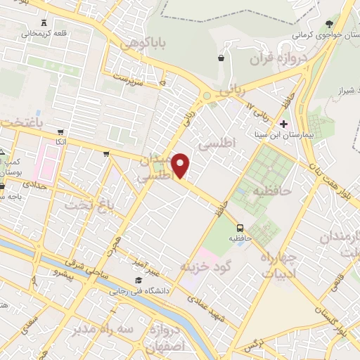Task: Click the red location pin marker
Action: (181, 166)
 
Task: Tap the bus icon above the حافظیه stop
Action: (240, 228)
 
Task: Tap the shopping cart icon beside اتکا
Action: (61, 132)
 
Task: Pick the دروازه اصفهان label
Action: (163, 337)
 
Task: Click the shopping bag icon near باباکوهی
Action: (222, 58)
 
